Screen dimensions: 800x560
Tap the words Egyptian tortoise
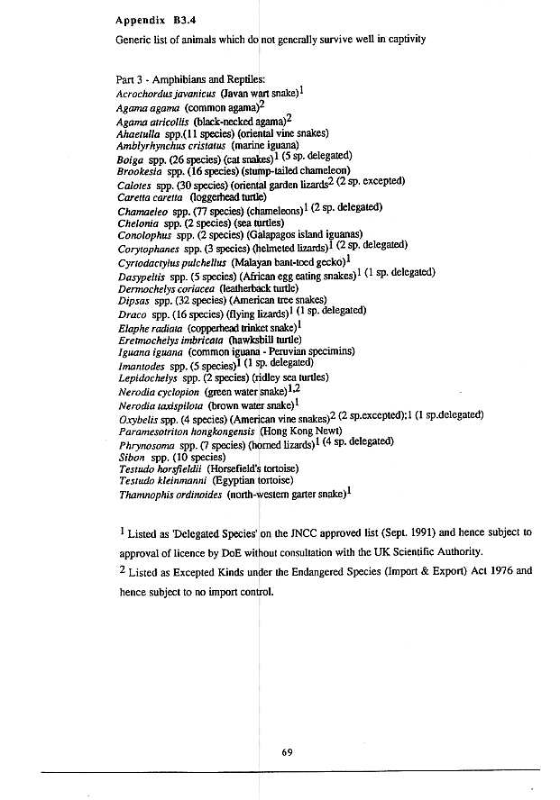[x=253, y=481]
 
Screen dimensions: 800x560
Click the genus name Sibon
[x=131, y=457]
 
